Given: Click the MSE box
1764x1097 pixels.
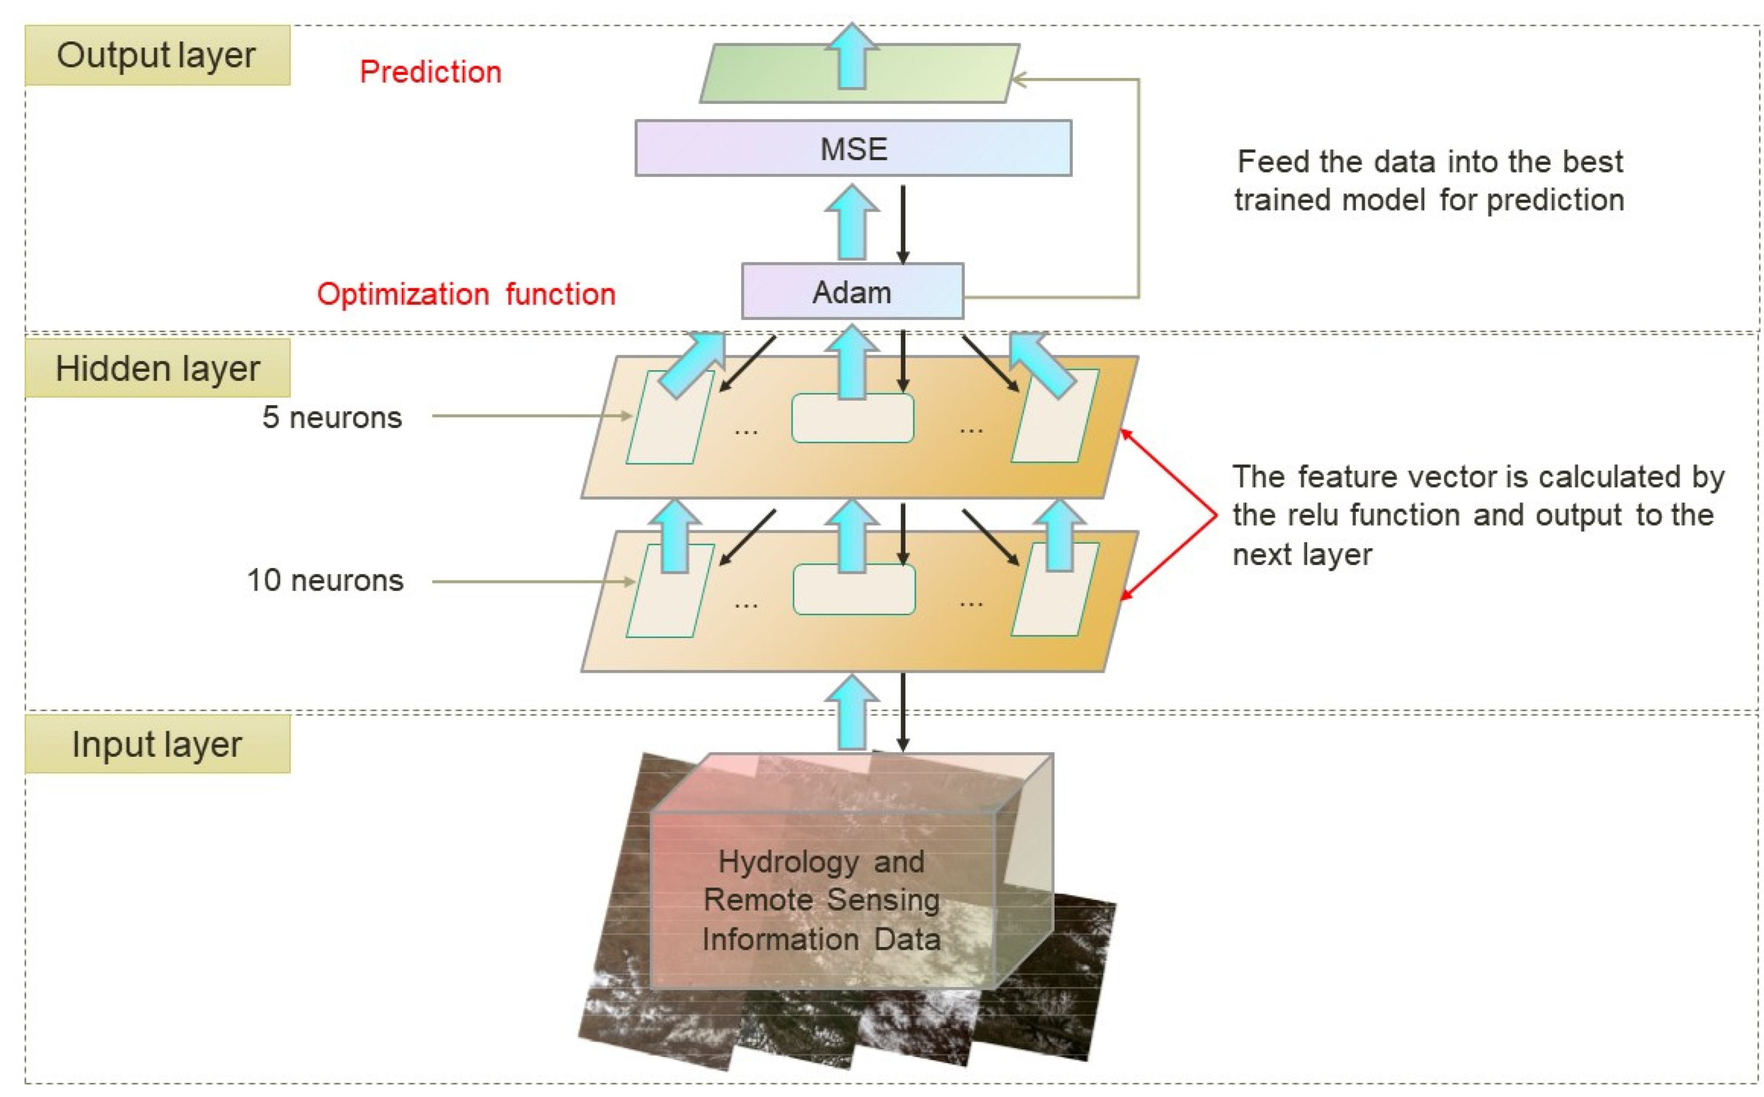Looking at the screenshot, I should tap(853, 148).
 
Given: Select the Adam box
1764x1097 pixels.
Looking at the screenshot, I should tap(852, 292).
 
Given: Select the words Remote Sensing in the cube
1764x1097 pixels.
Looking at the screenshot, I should tap(822, 900).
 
